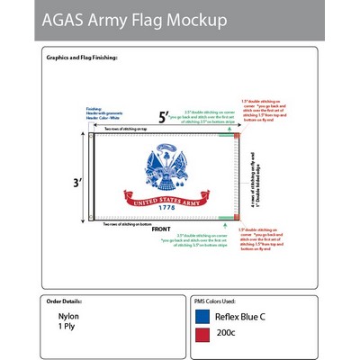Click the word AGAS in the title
pos(72,21)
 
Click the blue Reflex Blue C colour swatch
pos(202,317)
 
